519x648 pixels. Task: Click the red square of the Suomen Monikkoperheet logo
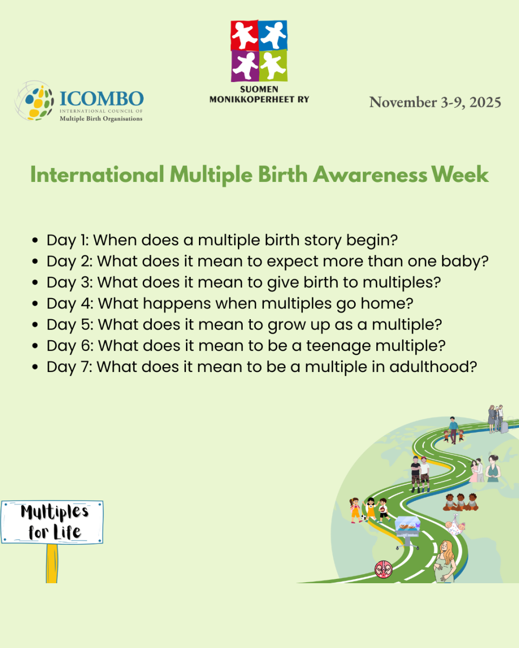point(244,35)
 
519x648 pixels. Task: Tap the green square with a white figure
point(273,65)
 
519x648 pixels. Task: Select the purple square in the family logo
point(245,66)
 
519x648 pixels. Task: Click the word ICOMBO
point(102,98)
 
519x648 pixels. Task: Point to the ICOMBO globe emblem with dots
point(35,101)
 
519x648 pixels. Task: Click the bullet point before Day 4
point(35,303)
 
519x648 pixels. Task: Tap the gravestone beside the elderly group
point(504,427)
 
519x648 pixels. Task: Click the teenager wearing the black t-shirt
point(416,474)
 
